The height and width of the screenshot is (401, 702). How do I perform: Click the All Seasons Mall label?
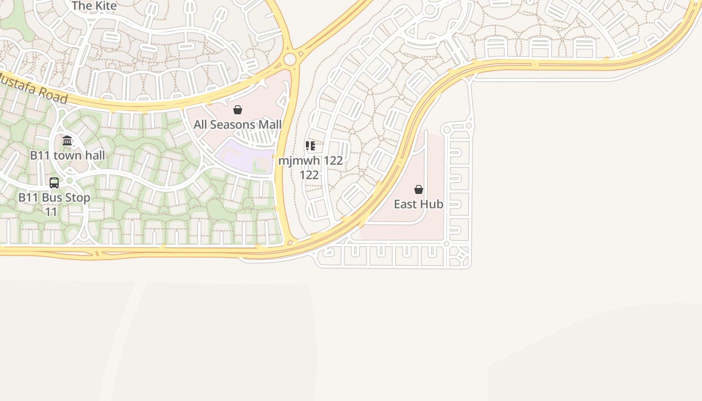click(x=237, y=124)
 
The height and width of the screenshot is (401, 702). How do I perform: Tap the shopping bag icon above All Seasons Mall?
click(x=238, y=110)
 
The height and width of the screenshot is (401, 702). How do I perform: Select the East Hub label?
click(x=418, y=204)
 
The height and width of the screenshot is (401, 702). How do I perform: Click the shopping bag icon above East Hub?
click(x=419, y=189)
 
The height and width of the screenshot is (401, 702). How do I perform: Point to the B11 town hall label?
click(x=67, y=155)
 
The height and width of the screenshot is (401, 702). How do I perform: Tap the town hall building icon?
click(x=67, y=141)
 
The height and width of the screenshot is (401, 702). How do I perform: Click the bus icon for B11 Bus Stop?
click(x=54, y=183)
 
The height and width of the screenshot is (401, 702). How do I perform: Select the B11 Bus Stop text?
click(x=54, y=197)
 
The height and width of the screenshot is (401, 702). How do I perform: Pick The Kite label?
click(x=94, y=6)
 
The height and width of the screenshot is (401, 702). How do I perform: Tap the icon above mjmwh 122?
click(x=310, y=146)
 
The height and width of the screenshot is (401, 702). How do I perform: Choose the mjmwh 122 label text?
click(x=310, y=161)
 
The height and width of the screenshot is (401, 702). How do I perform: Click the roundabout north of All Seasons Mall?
click(x=290, y=60)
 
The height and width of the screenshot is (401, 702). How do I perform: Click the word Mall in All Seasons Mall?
click(x=268, y=124)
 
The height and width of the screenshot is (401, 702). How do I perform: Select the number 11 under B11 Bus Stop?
click(x=51, y=212)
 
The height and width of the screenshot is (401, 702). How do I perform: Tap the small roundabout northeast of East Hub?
click(x=469, y=126)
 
